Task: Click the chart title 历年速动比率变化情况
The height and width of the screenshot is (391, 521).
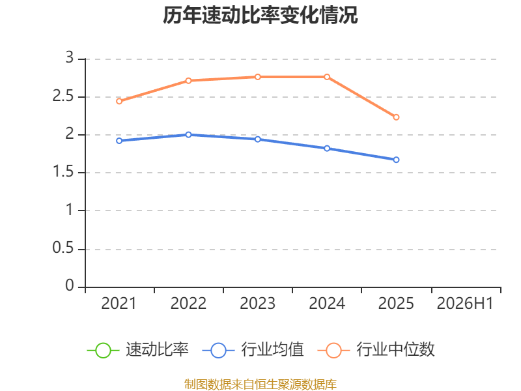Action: [260, 15]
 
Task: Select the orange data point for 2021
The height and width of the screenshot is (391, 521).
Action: [119, 101]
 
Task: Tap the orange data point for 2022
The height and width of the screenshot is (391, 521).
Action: [188, 80]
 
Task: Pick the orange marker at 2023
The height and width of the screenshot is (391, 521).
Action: [258, 77]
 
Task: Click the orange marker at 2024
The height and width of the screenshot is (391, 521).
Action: [327, 77]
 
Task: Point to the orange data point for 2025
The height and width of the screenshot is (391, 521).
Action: [396, 117]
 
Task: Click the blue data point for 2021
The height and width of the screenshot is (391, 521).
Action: [119, 141]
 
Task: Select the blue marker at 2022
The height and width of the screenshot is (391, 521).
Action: [188, 135]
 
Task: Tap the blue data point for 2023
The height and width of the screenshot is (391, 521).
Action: [258, 139]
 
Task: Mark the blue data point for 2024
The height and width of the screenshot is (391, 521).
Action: [327, 149]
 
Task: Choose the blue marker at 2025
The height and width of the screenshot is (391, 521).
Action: [396, 160]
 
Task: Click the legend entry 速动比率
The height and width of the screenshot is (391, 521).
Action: [138, 350]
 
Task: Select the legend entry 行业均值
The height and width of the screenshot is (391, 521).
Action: [253, 350]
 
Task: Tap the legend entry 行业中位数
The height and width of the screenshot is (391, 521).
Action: [376, 350]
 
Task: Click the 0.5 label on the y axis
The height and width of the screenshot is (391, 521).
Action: [63, 248]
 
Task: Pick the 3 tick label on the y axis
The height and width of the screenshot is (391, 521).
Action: [70, 58]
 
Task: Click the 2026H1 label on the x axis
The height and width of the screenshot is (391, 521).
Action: [465, 303]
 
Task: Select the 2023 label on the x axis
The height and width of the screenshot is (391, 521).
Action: [257, 303]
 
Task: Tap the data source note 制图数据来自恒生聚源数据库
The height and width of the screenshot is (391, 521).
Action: [260, 384]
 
